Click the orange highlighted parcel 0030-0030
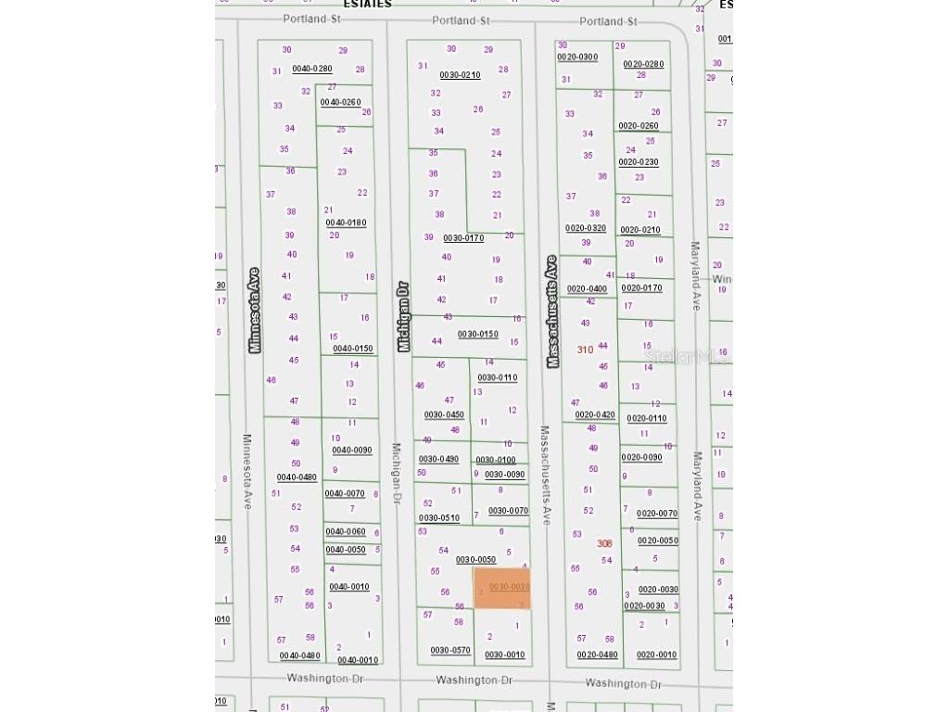click(502, 589)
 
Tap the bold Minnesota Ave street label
click(255, 310)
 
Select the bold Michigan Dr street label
click(403, 317)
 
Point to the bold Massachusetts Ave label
click(552, 312)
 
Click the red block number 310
click(585, 350)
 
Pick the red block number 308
click(605, 543)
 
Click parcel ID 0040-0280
click(311, 69)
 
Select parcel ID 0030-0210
click(460, 75)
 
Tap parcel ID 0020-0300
click(577, 57)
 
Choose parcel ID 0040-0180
click(346, 222)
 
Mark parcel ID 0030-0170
click(463, 238)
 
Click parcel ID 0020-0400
click(587, 288)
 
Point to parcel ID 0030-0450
click(444, 414)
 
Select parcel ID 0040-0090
click(351, 451)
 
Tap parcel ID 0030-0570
click(450, 650)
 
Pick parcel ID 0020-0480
click(597, 655)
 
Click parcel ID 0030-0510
click(438, 518)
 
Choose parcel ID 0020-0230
click(639, 162)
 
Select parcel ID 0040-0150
click(353, 349)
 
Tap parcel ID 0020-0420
click(595, 414)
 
